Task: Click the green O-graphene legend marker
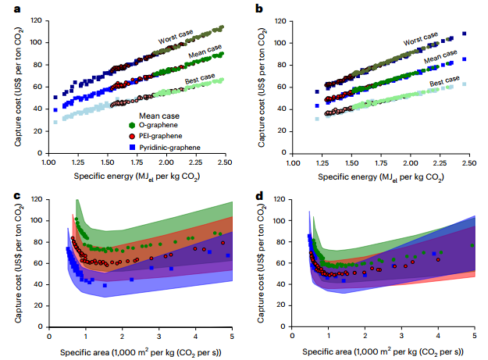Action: (x=132, y=124)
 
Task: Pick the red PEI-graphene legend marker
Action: (x=132, y=136)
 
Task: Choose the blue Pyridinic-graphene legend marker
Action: (x=132, y=147)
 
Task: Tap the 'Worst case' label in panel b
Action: (x=422, y=37)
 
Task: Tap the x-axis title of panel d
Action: (x=383, y=351)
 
